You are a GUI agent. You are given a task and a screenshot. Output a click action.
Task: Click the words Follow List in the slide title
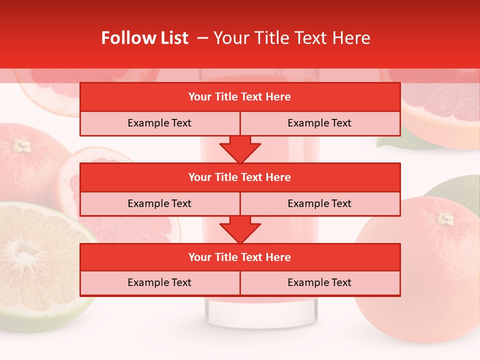pyautogui.click(x=144, y=38)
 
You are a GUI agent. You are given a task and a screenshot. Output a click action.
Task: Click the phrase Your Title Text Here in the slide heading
pyautogui.click(x=291, y=38)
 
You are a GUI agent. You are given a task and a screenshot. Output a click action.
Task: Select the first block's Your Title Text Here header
pyautogui.click(x=239, y=97)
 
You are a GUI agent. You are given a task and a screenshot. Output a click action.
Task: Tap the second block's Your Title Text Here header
pyautogui.click(x=239, y=177)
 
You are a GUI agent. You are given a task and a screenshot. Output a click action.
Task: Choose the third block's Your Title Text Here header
pyautogui.click(x=239, y=257)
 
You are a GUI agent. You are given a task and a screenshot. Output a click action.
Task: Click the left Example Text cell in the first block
pyautogui.click(x=159, y=123)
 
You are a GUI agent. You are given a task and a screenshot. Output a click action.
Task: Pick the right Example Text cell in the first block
pyautogui.click(x=319, y=123)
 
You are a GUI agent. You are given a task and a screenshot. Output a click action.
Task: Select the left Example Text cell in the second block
pyautogui.click(x=159, y=203)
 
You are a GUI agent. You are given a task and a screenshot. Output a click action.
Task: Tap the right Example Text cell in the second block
pyautogui.click(x=319, y=203)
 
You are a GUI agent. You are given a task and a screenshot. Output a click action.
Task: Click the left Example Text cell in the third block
pyautogui.click(x=159, y=282)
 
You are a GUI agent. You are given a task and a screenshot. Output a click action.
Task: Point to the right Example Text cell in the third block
pyautogui.click(x=319, y=282)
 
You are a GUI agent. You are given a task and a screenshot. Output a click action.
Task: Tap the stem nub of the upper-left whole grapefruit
pyautogui.click(x=21, y=145)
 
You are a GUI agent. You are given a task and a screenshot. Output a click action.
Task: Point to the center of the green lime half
pyautogui.click(x=22, y=255)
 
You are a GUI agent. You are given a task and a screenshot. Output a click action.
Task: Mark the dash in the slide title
pyautogui.click(x=202, y=38)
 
